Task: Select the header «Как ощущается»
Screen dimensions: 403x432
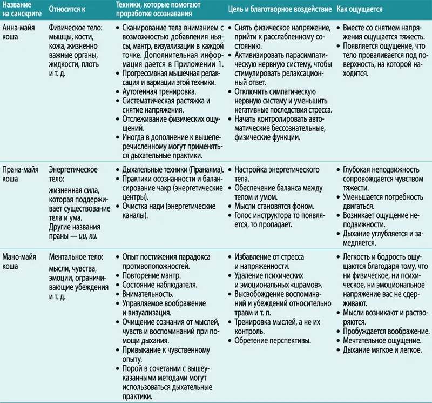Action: pos(360,10)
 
